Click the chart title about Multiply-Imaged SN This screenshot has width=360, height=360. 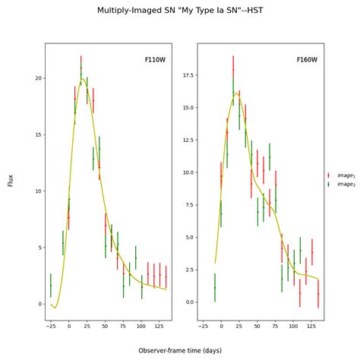pyautogui.click(x=180, y=11)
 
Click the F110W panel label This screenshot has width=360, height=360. pyautogui.click(x=155, y=59)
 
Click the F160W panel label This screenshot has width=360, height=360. pyautogui.click(x=307, y=59)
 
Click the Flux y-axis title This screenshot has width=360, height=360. pyautogui.click(x=11, y=181)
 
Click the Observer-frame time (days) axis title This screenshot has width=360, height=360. pyautogui.click(x=180, y=351)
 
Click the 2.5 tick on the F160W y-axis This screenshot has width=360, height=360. pyautogui.click(x=186, y=270)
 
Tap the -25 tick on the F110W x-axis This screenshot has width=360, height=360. pyautogui.click(x=51, y=327)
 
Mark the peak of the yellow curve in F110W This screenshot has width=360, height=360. pyautogui.click(x=81, y=79)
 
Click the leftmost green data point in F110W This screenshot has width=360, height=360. pyautogui.click(x=51, y=285)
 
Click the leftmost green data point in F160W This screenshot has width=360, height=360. pyautogui.click(x=215, y=288)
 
